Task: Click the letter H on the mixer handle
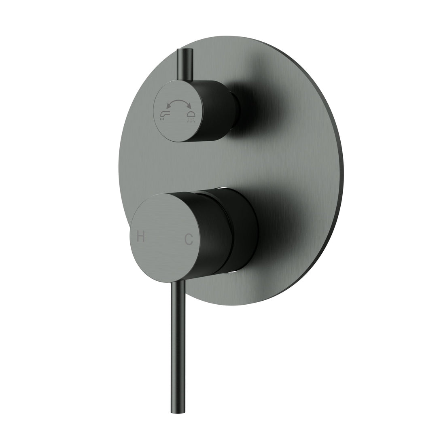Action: [x=141, y=237]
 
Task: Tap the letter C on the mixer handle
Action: [x=189, y=240]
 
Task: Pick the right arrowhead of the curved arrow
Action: [x=189, y=107]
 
